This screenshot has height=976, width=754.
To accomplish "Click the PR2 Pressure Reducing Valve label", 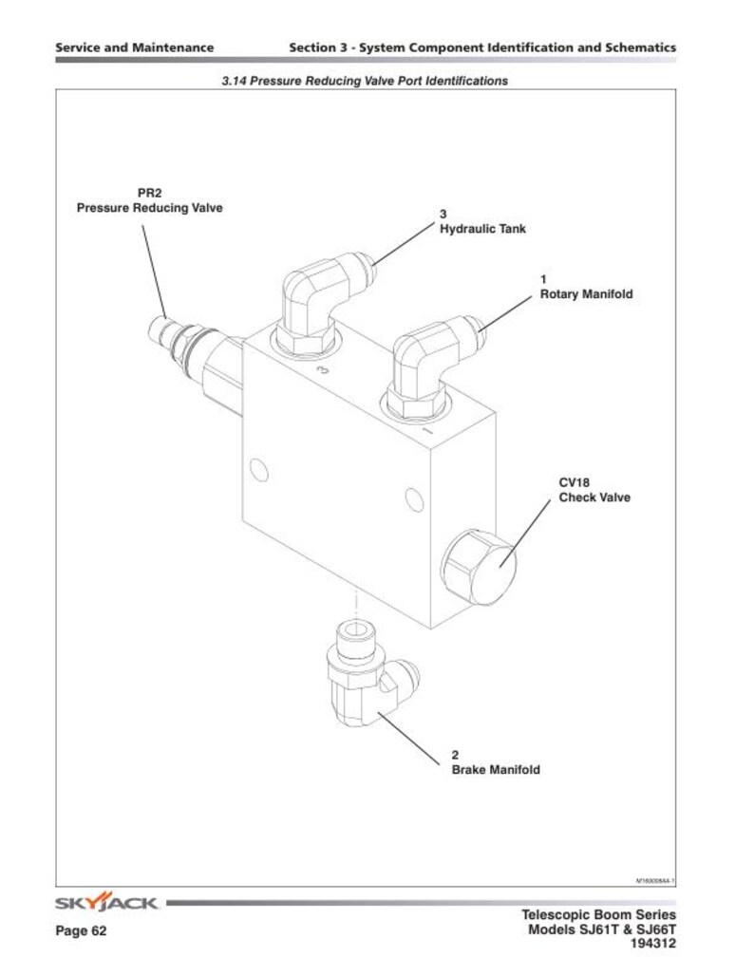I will (149, 201).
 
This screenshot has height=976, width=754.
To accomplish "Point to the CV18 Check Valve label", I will (594, 490).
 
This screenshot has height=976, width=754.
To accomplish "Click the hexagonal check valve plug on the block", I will (481, 568).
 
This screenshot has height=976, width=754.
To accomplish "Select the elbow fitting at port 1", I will (427, 365).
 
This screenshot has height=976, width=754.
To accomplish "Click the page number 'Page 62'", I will (81, 931).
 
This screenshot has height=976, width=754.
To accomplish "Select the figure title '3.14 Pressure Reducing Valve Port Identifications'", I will (365, 82).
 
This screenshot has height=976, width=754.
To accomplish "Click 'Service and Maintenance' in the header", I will (134, 47).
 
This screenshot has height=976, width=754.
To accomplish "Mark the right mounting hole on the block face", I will (412, 497).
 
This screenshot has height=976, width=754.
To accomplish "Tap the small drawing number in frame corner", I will (654, 881).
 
